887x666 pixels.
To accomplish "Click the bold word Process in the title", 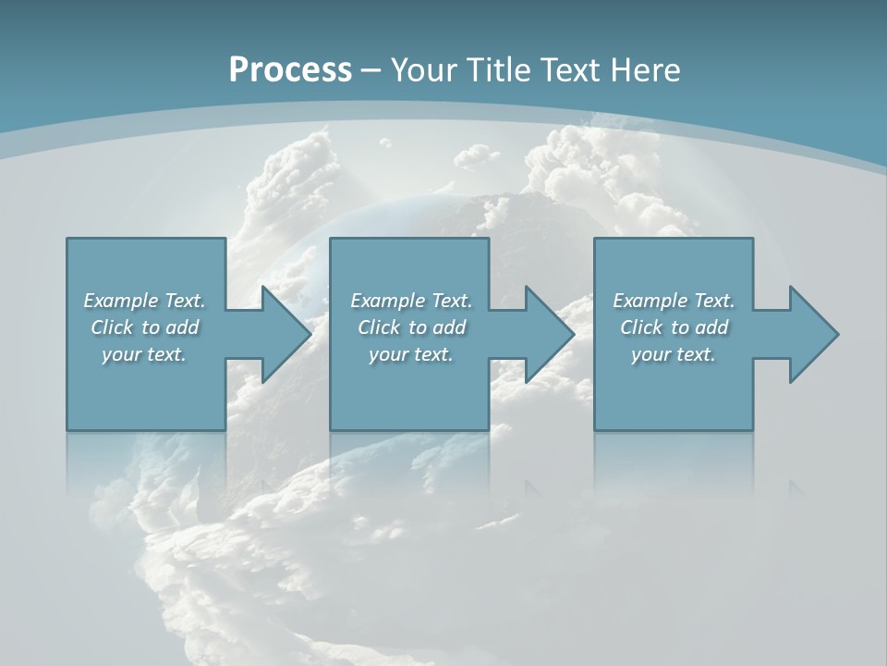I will pos(290,70).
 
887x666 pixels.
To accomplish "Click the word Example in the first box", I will pos(121,301).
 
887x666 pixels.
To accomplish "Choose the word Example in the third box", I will pos(650,301).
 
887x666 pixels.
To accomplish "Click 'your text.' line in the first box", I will pos(144,354).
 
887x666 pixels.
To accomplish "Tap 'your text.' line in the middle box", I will pos(411,354).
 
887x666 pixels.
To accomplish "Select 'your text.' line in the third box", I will pos(674,354).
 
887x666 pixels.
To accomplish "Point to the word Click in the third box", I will pos(640,327).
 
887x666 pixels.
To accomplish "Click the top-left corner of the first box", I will pos(67,240).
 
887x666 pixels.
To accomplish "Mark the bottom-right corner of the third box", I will pos(752,429).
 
